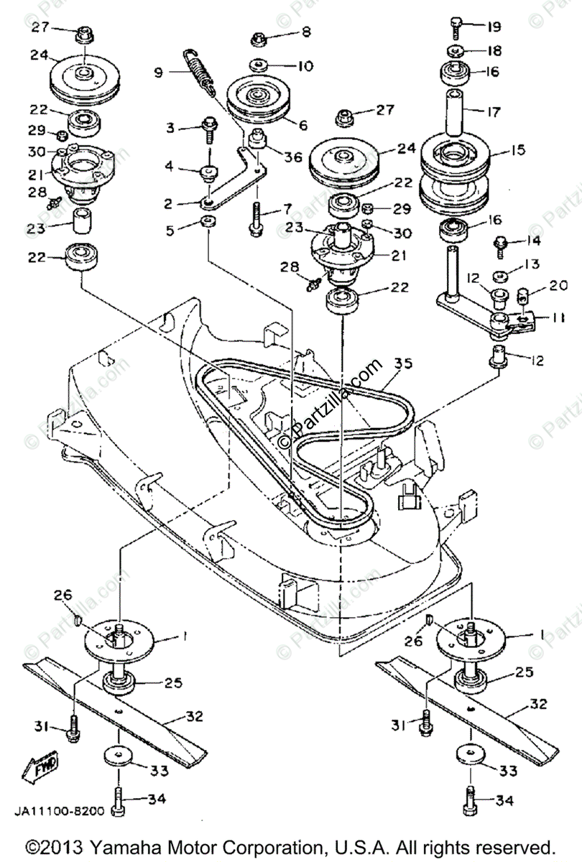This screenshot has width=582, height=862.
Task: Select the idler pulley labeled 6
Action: [x=257, y=102]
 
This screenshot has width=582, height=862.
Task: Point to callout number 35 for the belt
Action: [x=404, y=363]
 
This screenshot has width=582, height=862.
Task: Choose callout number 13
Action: [x=531, y=265]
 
